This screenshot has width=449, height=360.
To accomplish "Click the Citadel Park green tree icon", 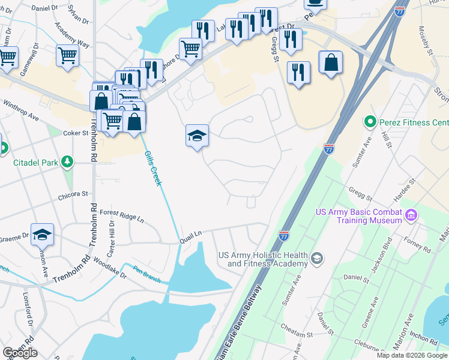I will tap(67, 162).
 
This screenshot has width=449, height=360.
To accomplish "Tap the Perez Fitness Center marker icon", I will tap(370, 122).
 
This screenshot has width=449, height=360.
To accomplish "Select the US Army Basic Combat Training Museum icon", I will tap(411, 215).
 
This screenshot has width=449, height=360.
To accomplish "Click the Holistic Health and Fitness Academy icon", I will tap(316, 258).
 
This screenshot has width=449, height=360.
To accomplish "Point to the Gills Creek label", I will tap(153, 168).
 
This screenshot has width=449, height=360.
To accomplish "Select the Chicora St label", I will tap(73, 194).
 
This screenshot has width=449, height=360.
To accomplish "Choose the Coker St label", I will tap(76, 133).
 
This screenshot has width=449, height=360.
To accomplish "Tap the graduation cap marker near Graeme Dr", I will tap(42, 234).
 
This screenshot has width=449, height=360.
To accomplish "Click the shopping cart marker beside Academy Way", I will tap(67, 55).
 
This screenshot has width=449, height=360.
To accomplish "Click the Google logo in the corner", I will tap(20, 353).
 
